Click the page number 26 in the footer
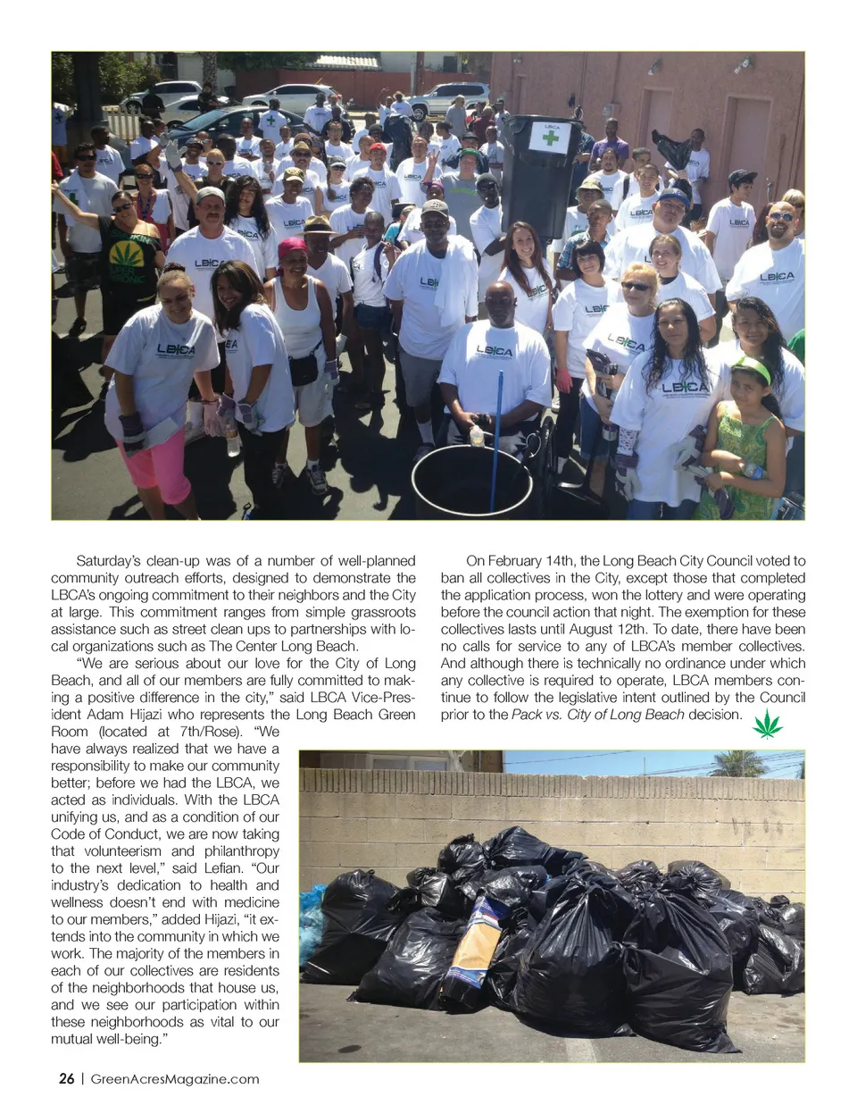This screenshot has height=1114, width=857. pos(66,1078)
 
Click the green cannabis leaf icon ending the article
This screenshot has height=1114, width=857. pos(767,725)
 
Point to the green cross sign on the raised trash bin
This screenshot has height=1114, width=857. pos(552,141)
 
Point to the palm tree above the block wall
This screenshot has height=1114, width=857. pos(737,765)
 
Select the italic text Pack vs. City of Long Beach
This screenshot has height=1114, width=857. pos(597,715)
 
